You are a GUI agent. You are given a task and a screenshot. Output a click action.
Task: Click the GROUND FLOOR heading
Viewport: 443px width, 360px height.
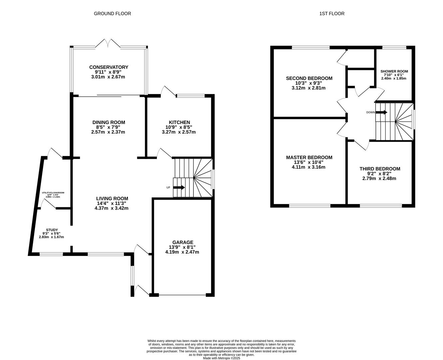coord(112,14)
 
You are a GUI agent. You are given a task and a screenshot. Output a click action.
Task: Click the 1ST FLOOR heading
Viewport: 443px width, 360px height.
coord(332,14)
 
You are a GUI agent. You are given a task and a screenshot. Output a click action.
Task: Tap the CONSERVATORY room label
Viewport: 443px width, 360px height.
coord(109,67)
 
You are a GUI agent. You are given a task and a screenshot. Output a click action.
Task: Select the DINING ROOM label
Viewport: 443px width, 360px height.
coord(109,122)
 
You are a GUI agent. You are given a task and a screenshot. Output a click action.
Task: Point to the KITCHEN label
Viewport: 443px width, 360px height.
coord(179,122)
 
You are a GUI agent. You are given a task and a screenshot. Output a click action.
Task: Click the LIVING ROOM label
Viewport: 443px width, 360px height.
coord(112,199)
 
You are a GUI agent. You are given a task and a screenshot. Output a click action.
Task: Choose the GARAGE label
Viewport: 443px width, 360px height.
coord(183,242)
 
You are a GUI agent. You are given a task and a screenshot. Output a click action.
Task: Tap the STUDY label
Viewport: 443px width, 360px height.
coord(52,230)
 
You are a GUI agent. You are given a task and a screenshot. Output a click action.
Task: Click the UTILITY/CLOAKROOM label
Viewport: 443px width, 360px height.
coord(53,193)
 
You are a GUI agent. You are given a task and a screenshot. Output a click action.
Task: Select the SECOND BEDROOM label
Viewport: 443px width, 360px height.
coord(309,78)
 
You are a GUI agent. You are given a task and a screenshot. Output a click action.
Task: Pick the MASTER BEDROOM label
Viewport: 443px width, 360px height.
coord(309,157)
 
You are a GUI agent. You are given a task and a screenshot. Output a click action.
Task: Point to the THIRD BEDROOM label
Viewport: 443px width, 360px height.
coord(380,169)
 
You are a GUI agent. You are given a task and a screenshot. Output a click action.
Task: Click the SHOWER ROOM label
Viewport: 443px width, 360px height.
coord(394,71)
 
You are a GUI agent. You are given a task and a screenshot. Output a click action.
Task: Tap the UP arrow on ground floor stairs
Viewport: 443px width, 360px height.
coord(179,187)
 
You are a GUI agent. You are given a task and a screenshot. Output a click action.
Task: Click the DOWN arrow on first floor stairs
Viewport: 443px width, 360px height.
coord(381,112)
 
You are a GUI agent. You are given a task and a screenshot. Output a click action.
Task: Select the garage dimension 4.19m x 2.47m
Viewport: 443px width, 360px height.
coord(182,252)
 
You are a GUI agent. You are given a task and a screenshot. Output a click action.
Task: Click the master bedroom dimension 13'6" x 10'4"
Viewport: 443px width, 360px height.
coord(309,162)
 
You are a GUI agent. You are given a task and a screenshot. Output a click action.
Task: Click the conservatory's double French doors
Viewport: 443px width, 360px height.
coord(108,43)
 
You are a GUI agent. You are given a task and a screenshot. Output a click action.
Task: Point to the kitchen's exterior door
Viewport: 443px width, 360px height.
coord(168,91)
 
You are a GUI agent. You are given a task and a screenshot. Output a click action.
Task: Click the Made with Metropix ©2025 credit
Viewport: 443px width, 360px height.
coord(221,358)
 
